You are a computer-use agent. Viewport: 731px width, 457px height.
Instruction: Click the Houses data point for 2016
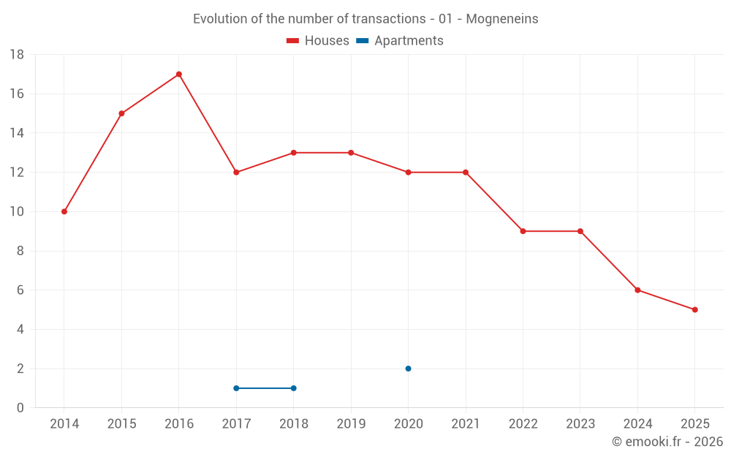pos(179,74)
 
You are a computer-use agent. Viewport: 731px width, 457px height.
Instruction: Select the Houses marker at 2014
pos(64,211)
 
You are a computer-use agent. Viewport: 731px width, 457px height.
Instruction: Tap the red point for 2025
pos(694,309)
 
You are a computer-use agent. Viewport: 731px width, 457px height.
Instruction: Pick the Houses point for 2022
pos(523,231)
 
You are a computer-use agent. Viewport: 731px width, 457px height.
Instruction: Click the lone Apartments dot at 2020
pos(408,369)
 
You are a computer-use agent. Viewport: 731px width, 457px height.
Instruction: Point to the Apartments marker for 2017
pos(236,388)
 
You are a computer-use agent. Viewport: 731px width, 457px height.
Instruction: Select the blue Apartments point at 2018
pos(293,388)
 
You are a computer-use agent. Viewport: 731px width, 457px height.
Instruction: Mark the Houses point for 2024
pos(637,290)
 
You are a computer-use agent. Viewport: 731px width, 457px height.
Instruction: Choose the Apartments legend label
pos(409,41)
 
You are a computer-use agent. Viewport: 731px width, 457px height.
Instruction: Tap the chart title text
pos(365,19)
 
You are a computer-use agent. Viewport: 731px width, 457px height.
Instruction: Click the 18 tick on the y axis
pos(17,55)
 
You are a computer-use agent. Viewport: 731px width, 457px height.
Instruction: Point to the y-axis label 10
pos(17,211)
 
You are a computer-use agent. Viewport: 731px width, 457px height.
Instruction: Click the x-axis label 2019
pos(351,424)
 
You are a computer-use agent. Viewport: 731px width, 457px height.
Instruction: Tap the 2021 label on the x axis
pos(466,424)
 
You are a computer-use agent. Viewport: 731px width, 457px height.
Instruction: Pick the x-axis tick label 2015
pos(121,424)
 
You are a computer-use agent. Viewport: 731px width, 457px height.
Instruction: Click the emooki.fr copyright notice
pos(667,442)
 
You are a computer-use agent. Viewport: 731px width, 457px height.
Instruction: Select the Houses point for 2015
pos(121,113)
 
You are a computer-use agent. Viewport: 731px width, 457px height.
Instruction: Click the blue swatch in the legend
pos(362,41)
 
